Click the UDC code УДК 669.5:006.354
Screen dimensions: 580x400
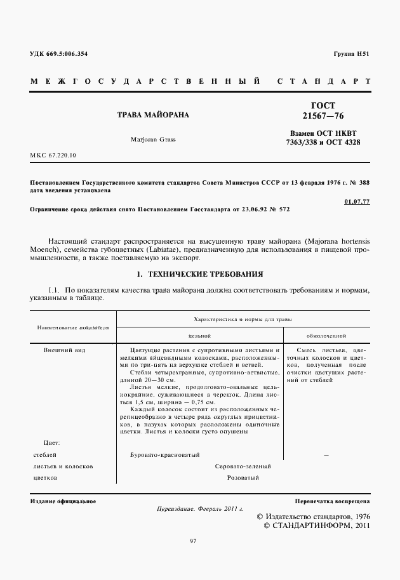coord(59,54)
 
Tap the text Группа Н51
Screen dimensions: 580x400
coord(351,54)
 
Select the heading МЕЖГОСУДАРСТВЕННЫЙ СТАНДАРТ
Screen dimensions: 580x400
coord(200,82)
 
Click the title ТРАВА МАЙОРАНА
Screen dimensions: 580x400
coord(153,115)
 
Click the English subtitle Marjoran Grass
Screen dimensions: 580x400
coord(153,139)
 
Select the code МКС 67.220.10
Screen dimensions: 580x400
coord(53,155)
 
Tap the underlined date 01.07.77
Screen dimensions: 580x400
coord(357,201)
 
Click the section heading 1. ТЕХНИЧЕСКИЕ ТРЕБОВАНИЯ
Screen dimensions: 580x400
coord(200,274)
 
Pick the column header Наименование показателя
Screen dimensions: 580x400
coord(73,328)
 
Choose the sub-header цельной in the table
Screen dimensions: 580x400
coord(199,335)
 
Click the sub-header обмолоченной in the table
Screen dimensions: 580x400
coord(326,335)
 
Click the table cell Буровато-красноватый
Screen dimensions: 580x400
coord(164,454)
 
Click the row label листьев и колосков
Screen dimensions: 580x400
coord(62,466)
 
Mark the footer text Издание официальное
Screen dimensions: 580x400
coord(63,501)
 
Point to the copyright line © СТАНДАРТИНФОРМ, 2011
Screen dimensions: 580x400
coord(317,525)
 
